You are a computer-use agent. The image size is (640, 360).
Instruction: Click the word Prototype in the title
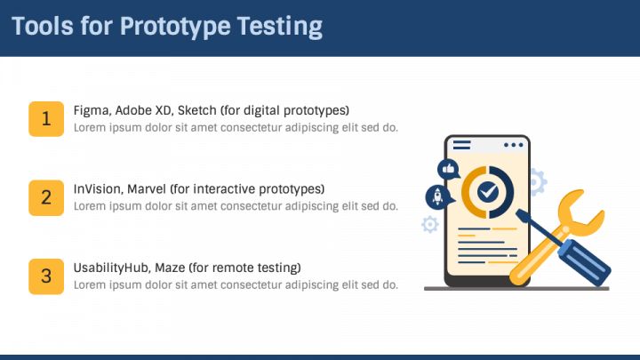(x=173, y=27)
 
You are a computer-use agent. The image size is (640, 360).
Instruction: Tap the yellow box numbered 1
(x=46, y=119)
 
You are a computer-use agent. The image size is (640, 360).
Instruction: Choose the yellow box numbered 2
(x=46, y=197)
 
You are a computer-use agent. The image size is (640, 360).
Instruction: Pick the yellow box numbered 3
(x=46, y=276)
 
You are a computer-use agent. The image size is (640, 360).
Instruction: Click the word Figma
(x=91, y=110)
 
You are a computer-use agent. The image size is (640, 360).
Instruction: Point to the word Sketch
(x=196, y=110)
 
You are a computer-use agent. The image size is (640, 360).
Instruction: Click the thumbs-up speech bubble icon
(x=447, y=168)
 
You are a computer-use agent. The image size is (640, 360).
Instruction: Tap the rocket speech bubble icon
(x=437, y=196)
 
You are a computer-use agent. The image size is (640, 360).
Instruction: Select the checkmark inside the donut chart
(x=487, y=191)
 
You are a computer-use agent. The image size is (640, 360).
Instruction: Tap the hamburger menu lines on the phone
(x=462, y=144)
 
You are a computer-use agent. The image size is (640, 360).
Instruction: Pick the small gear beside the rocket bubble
(x=430, y=224)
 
